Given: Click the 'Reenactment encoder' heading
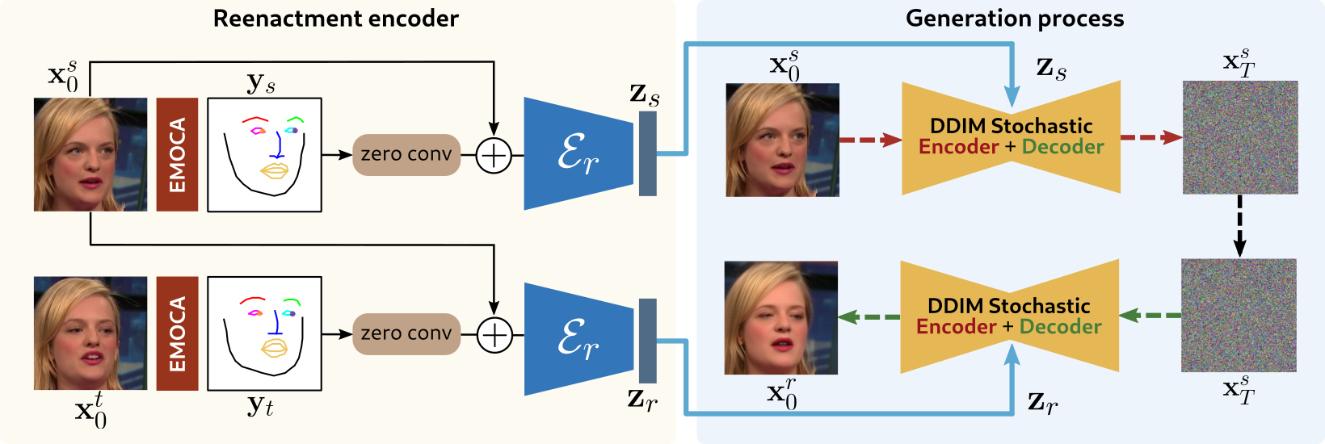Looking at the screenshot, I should point(335,19).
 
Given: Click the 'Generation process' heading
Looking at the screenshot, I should point(1014,19).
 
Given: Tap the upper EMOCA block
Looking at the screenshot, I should point(177,154).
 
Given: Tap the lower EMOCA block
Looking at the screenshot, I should point(177,333).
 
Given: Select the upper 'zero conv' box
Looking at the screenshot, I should point(406,154).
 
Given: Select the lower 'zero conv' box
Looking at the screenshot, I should point(406,333).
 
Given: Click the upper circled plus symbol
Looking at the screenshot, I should point(494,155).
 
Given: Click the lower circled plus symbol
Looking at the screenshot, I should point(494,334).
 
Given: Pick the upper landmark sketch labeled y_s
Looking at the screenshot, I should point(264,154).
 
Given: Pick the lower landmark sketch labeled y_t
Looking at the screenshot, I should point(264,333).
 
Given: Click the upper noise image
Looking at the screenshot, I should point(1240,137).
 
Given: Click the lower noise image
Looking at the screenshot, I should point(1239,315).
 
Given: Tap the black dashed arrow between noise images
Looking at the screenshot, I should point(1240,226).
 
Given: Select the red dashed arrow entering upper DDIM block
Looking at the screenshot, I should point(870,140).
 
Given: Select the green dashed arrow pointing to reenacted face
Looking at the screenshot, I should point(869,317).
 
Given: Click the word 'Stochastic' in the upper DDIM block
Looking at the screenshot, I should point(1041,126).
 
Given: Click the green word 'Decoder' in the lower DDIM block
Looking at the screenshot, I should point(1060,327).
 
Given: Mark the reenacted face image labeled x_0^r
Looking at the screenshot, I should point(780,317).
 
